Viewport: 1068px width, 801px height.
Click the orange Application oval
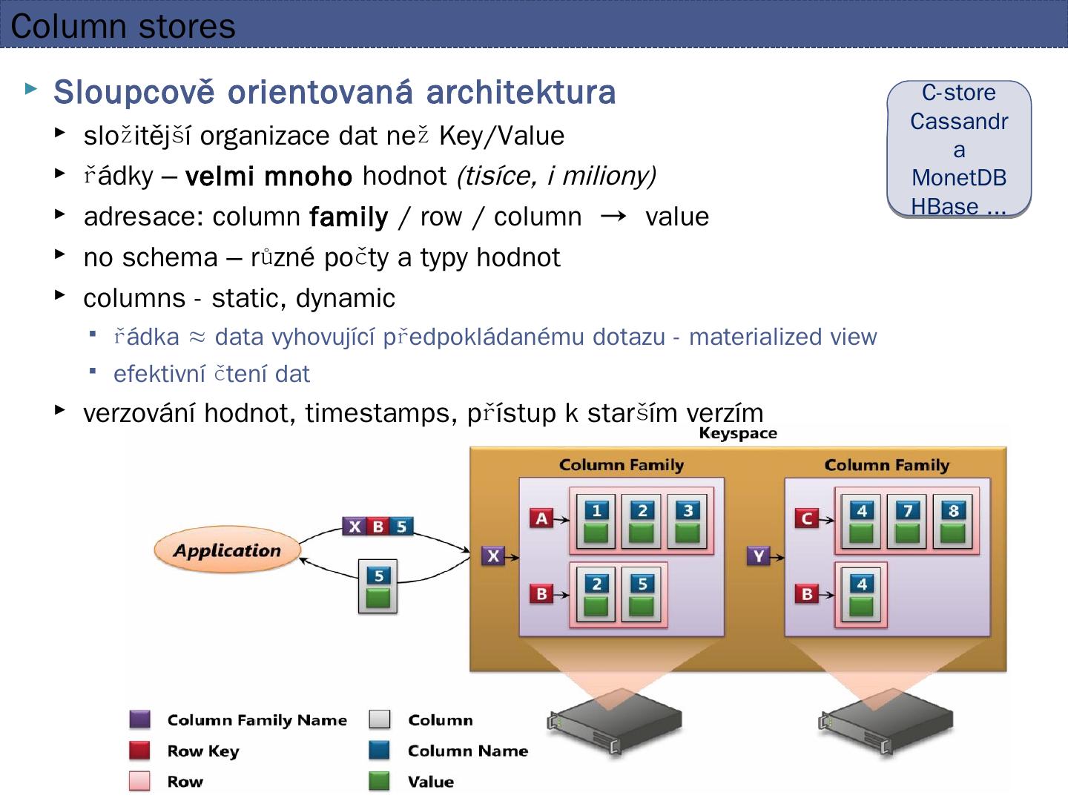pos(227,550)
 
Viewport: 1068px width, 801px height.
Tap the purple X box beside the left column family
pos(493,556)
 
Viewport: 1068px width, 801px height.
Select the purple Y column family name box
pos(758,556)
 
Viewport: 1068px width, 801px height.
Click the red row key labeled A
pos(541,518)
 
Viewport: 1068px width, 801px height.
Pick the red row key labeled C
pos(807,518)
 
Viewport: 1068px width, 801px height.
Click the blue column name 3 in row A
pos(688,510)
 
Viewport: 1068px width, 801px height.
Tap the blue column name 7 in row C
pos(907,510)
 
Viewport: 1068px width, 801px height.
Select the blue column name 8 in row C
pos(953,510)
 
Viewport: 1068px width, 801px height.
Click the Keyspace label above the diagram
pos(737,433)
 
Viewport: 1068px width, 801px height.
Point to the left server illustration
pos(614,723)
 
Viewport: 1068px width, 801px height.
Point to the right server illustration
pos(886,723)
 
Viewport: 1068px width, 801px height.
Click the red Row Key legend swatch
pos(139,751)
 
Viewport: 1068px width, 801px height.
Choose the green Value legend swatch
pos(379,781)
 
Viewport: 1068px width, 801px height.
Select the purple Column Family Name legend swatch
pos(139,719)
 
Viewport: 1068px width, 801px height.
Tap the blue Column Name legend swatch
pos(379,750)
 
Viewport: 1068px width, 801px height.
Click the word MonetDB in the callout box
pos(959,177)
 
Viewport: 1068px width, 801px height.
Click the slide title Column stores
pos(123,26)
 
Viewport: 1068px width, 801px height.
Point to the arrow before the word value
pos(613,216)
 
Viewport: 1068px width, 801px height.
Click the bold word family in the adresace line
pos(348,217)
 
